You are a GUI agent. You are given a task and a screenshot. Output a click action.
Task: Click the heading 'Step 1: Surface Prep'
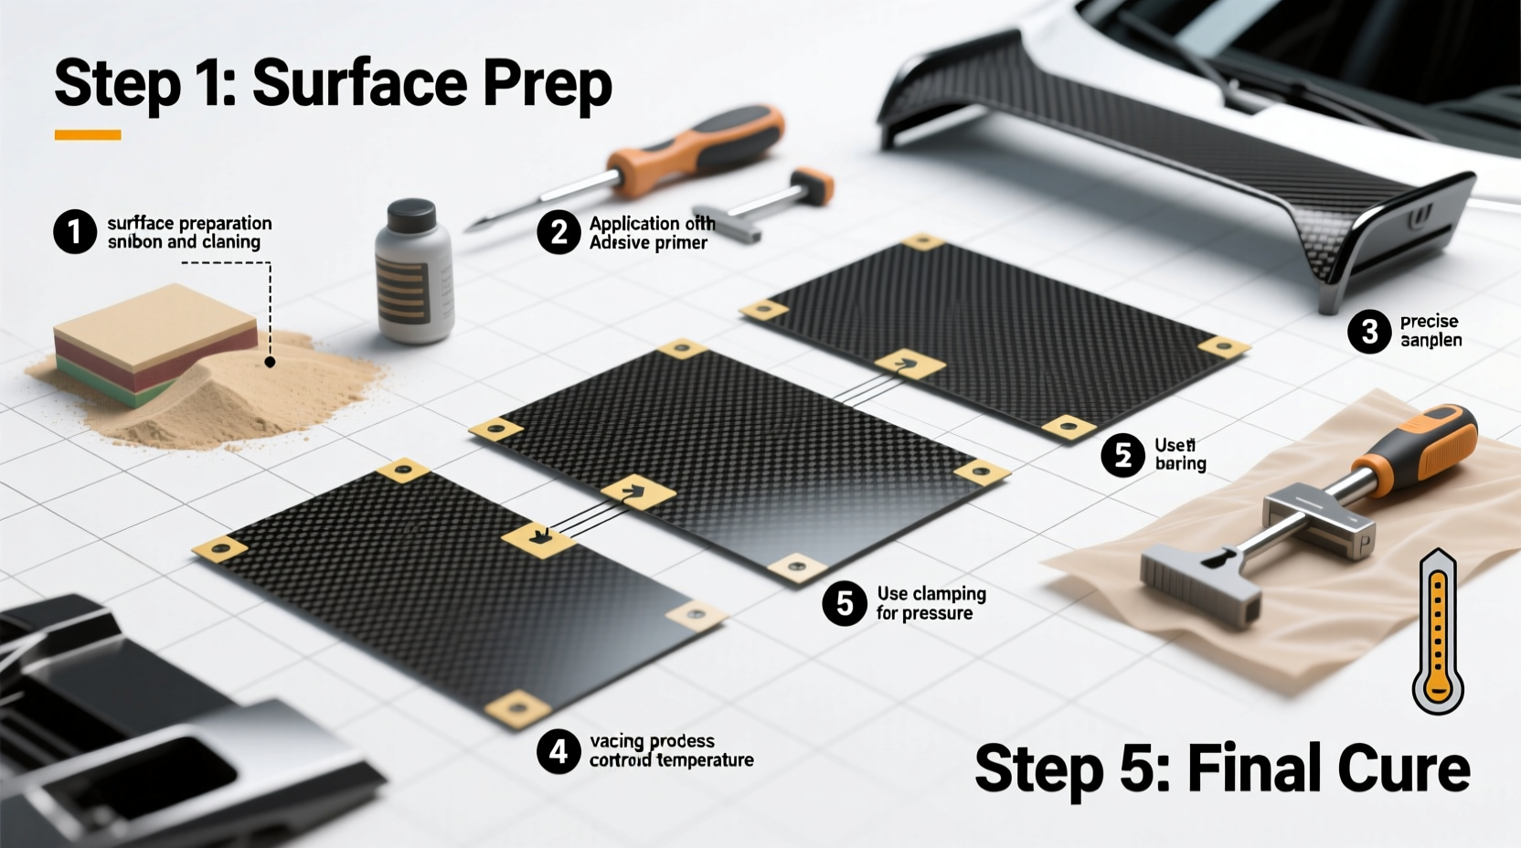coord(333,84)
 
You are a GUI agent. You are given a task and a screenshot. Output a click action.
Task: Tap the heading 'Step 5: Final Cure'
coord(1221,769)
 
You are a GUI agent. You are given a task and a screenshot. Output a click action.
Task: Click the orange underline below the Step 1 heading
coord(88,135)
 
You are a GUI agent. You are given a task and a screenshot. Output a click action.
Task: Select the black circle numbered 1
coord(75,232)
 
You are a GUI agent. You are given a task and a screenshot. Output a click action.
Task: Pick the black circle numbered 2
coord(558,232)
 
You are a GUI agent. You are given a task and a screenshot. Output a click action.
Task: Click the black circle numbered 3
coord(1369,331)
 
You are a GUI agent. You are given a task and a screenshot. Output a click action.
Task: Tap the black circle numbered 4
coord(558,751)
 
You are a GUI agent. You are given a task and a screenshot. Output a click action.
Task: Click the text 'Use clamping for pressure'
coord(931,603)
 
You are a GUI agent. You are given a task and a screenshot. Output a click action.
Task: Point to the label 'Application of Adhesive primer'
coord(651,233)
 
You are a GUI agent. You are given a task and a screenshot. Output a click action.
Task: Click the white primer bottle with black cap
coord(414,274)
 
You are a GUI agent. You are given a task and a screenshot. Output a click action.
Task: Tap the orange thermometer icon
coord(1438,632)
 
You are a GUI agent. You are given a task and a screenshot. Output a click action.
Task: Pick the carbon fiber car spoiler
coord(1179,155)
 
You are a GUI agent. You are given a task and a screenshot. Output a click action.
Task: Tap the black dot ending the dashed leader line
coord(270,362)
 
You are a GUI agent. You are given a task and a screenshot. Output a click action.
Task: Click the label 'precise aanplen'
coord(1431,331)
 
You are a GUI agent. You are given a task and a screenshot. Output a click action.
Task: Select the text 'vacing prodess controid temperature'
coord(670,751)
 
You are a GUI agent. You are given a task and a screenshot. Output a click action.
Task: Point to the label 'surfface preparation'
coord(189,223)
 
